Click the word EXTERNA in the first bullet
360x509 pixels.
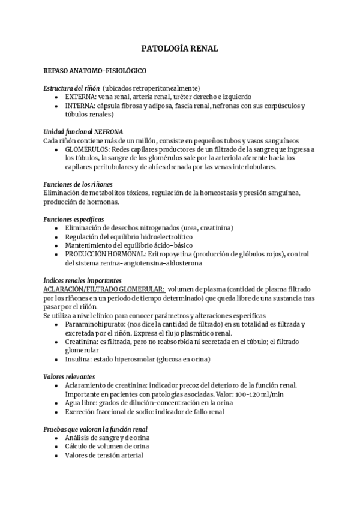tap(80, 97)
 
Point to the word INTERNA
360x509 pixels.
tap(80, 106)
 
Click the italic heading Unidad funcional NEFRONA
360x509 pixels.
tap(83, 131)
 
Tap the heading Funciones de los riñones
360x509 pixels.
tap(78, 184)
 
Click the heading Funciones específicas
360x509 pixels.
tap(74, 219)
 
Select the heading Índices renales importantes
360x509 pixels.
tap(83, 280)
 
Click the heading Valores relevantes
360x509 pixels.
tap(69, 376)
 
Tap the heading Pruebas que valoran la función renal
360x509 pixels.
tap(95, 429)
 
